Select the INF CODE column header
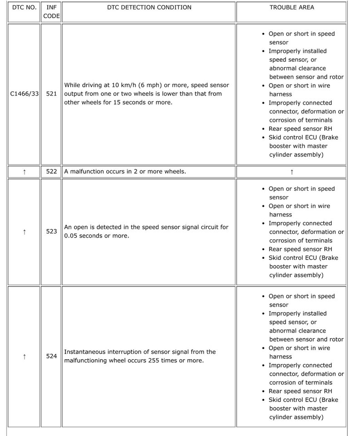[x=51, y=12]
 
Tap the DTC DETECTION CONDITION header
[x=149, y=7]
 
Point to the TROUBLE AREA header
[x=291, y=7]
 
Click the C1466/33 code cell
[x=24, y=94]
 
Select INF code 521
[x=51, y=94]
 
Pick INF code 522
[x=51, y=171]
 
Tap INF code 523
[x=51, y=231]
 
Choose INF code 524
[x=51, y=356]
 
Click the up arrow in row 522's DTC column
[x=24, y=172]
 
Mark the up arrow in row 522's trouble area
[x=291, y=172]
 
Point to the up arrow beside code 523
[x=24, y=232]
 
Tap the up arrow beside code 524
[x=24, y=357]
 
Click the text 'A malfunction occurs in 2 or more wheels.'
[x=125, y=171]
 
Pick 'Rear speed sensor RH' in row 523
[x=300, y=249]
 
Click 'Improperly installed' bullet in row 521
[x=297, y=51]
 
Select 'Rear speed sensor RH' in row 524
[x=300, y=391]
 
